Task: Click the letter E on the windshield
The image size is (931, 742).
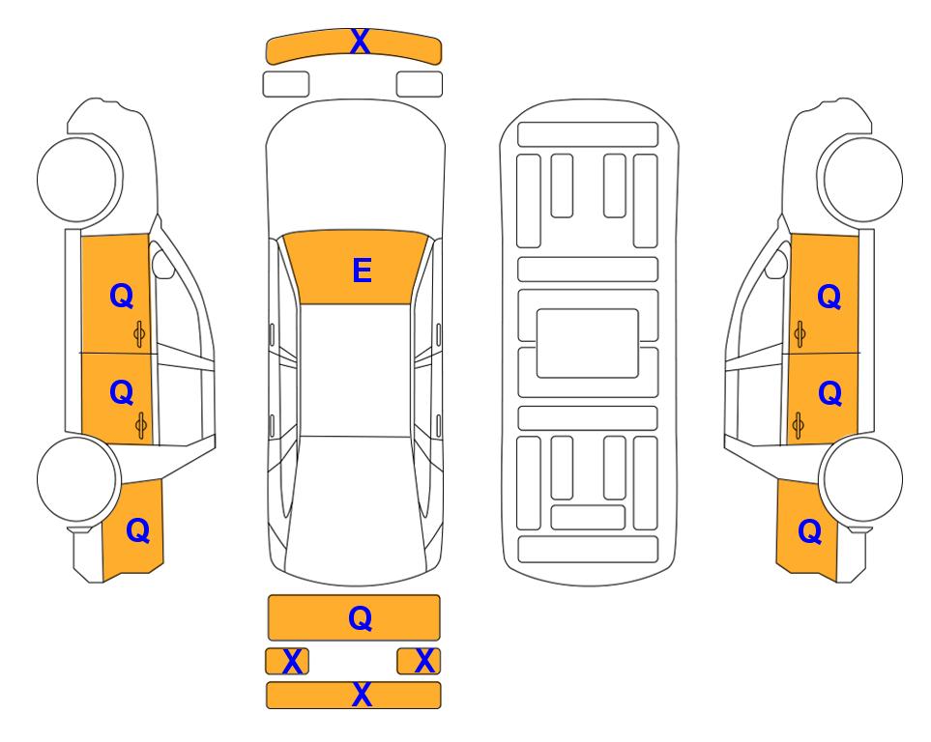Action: [363, 271]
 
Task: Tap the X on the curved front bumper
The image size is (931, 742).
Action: [360, 42]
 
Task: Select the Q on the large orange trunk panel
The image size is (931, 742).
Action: [361, 618]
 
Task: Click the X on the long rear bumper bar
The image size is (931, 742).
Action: [363, 694]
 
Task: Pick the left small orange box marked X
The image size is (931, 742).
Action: [287, 661]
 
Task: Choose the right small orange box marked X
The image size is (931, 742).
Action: [419, 661]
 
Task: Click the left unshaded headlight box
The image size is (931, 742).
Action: [286, 84]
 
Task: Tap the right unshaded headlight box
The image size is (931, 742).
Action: [420, 84]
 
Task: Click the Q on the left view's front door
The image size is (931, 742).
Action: [122, 296]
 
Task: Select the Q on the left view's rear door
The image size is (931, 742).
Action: [122, 392]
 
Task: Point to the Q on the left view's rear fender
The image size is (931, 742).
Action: [137, 530]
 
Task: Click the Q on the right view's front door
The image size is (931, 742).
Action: [829, 297]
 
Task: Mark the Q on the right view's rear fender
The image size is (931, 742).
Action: [810, 531]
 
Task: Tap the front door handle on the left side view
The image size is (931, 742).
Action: [139, 334]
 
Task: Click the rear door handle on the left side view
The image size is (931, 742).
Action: [141, 425]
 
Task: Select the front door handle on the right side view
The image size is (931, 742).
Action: [800, 335]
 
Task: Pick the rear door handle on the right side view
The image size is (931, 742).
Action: [799, 426]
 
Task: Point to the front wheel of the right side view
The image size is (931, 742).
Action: [861, 180]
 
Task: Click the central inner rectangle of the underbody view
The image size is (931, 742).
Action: [587, 343]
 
